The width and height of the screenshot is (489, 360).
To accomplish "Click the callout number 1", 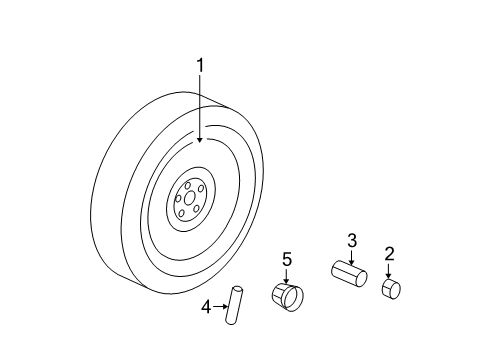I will click(199, 66).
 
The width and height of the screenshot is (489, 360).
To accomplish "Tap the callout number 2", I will click(389, 253).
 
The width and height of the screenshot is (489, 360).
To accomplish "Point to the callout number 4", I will click(206, 306).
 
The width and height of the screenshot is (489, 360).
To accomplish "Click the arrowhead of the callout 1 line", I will click(199, 139).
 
